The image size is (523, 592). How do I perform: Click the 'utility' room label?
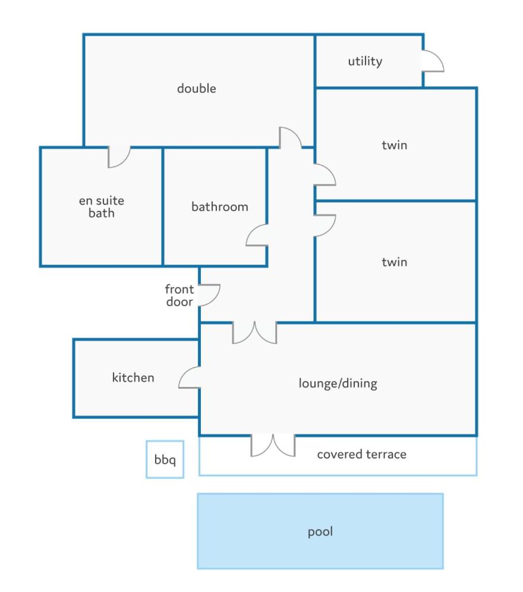point(365,61)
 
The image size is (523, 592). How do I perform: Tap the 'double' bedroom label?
point(197,89)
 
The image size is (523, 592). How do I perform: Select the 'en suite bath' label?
point(102,207)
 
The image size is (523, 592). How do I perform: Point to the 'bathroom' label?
point(219,207)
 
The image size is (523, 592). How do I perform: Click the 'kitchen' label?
point(133,377)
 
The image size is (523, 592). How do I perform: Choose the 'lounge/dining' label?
point(338,383)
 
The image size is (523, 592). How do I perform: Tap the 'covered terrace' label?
point(361,455)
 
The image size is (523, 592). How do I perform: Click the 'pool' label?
point(320,531)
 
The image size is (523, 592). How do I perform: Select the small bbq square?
point(165,459)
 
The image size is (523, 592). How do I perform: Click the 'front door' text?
point(179,296)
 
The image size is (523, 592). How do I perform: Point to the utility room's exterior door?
point(432,61)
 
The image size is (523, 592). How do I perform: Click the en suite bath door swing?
point(119,156)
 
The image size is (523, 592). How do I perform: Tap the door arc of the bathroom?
point(257,235)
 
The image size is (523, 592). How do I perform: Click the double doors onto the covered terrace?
point(273,445)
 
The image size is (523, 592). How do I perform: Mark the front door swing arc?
point(209,295)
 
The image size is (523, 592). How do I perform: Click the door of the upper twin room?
point(324,175)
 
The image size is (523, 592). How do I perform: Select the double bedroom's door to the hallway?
point(291,138)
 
